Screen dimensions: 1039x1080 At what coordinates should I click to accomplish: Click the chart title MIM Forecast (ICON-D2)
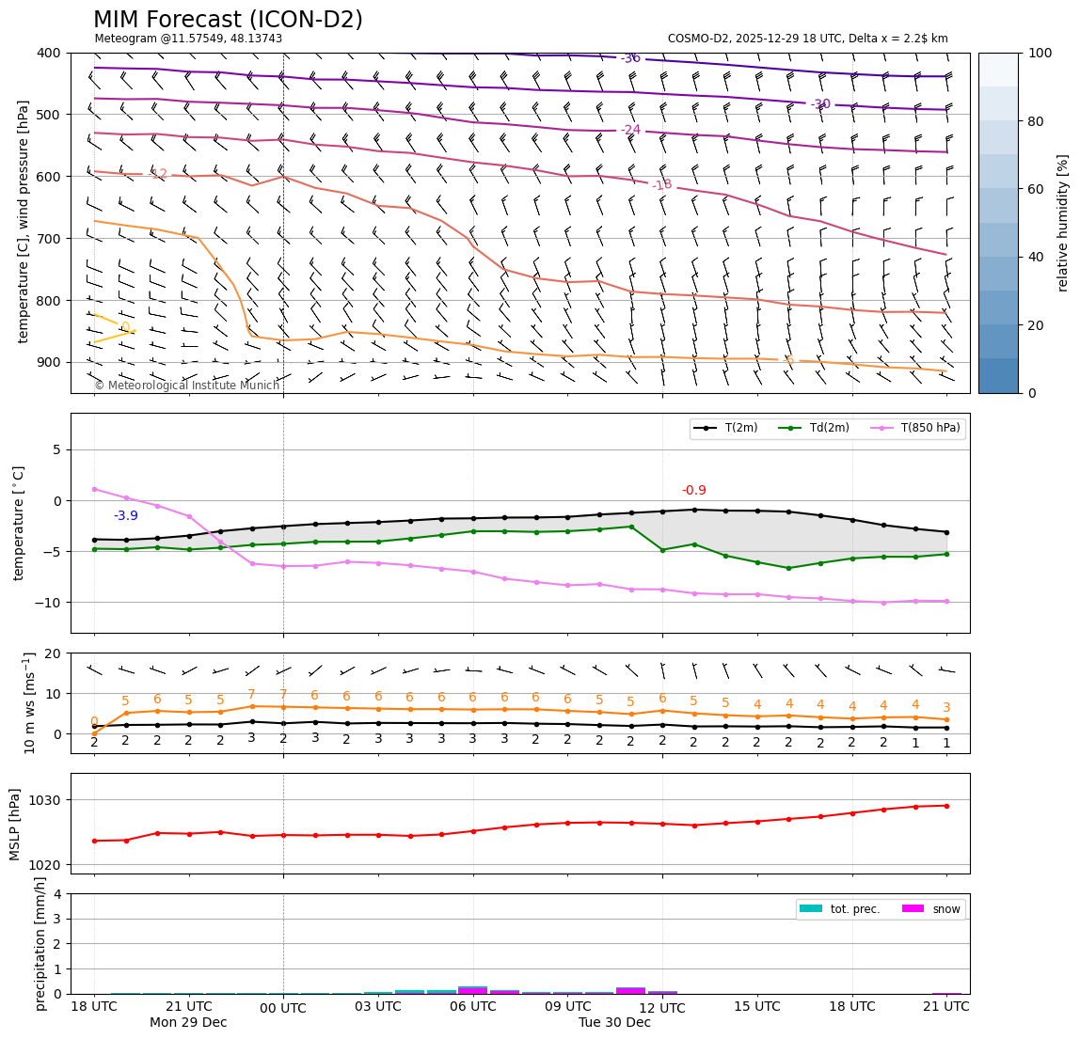point(228,20)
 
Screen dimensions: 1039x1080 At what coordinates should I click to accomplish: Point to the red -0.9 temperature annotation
point(693,491)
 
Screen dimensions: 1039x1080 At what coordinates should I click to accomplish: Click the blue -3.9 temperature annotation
point(126,516)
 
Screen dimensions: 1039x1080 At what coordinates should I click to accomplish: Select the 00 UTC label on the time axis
point(283,1009)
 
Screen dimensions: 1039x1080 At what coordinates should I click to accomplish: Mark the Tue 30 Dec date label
point(614,1023)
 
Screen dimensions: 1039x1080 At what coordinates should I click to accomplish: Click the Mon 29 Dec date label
point(188,1023)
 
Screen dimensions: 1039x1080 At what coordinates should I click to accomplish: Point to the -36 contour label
point(630,58)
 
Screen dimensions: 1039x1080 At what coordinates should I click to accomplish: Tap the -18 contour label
point(661,184)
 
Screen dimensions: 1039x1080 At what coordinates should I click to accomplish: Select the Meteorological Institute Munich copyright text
point(187,386)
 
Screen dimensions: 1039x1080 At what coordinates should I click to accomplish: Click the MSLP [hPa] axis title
point(15,824)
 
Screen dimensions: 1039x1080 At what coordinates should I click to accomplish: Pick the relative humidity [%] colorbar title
point(1063,223)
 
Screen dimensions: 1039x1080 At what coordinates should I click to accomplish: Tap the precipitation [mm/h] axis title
point(40,943)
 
